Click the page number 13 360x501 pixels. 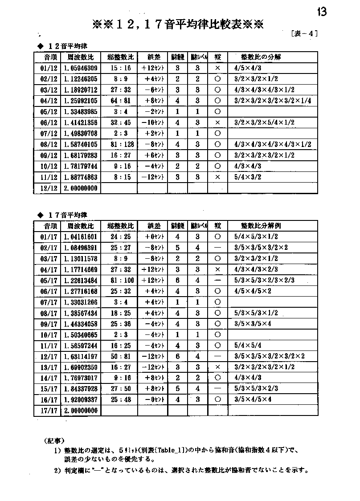click(322, 12)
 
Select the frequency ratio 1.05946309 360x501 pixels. click(80, 68)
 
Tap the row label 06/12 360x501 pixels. click(45, 122)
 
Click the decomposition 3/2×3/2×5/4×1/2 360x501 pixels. click(264, 122)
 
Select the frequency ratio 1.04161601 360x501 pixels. click(80, 237)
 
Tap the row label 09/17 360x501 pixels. click(45, 324)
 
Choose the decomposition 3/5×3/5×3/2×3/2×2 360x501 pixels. click(269, 356)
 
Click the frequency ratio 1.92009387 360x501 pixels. click(80, 399)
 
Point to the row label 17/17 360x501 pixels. click(45, 411)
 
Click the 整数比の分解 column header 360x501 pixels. click(261, 57)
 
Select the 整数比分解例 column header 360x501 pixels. click(261, 226)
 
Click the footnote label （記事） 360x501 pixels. click(56, 442)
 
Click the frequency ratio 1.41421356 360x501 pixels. click(80, 122)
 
